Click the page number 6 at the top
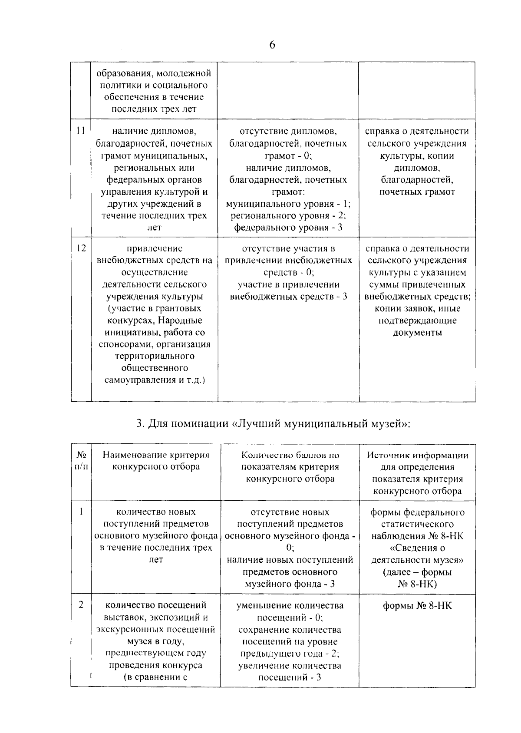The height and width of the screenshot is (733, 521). (272, 45)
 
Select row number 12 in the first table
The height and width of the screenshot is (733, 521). (81, 248)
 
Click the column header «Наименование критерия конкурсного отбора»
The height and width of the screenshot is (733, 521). (156, 461)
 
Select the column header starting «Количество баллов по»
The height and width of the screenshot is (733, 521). (290, 467)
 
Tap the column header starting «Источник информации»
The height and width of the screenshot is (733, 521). (417, 473)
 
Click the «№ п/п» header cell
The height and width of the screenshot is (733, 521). (81, 461)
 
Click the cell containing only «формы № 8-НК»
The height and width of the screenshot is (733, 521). (417, 605)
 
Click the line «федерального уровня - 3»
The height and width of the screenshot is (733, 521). (288, 228)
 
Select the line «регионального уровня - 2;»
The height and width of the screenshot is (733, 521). (288, 216)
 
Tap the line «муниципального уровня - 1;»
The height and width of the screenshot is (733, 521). (288, 204)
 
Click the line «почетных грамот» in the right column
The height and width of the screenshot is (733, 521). (417, 192)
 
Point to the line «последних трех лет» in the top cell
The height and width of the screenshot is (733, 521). (154, 109)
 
